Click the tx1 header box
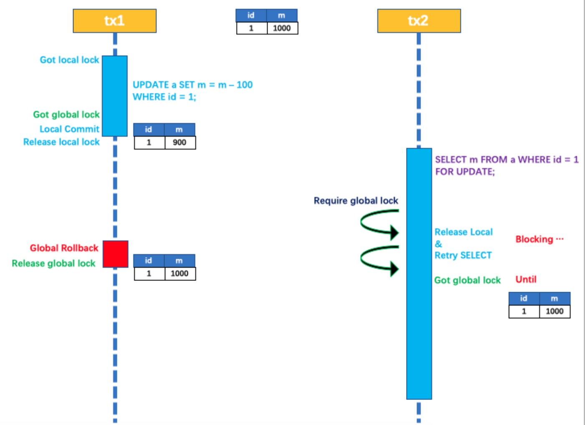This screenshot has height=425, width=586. [114, 21]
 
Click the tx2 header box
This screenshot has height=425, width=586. [419, 21]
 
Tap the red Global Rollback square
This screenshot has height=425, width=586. [115, 254]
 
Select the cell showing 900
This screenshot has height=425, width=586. [179, 142]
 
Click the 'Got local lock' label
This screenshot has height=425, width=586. [69, 60]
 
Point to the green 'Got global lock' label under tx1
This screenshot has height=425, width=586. [66, 115]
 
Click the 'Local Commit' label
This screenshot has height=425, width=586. [69, 129]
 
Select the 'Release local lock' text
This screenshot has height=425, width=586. [61, 142]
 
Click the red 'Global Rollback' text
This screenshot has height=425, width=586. [64, 248]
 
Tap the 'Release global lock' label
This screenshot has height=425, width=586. [53, 264]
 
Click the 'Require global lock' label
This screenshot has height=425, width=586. [356, 201]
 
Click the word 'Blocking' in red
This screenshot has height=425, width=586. [534, 240]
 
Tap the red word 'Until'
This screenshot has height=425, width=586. [526, 280]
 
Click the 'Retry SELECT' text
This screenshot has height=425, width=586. [463, 255]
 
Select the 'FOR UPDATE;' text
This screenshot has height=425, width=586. [465, 172]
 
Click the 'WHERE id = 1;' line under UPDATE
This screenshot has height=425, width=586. [164, 97]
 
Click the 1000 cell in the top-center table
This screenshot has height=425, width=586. [282, 28]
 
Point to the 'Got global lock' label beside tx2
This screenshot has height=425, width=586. [467, 280]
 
